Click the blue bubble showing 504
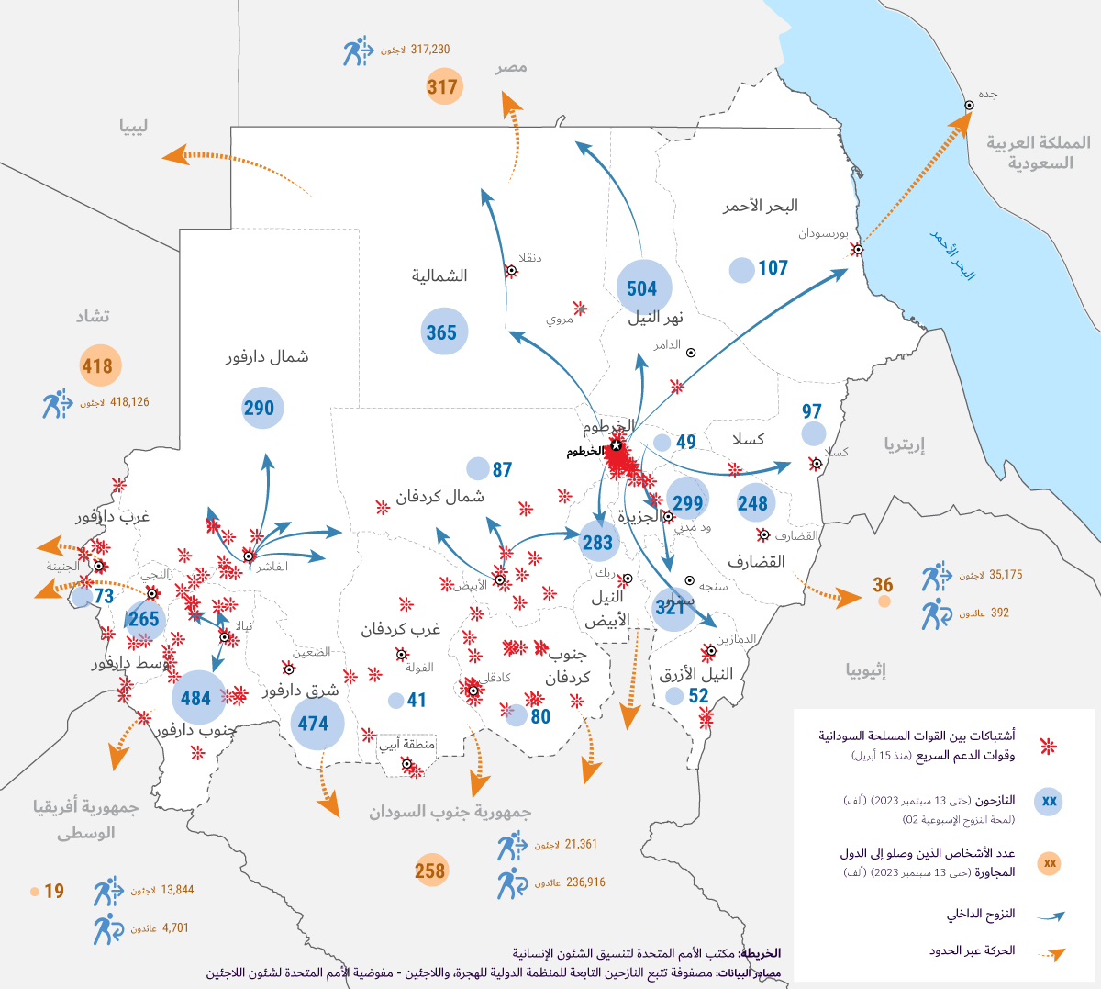point(643,288)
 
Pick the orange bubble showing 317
point(443,87)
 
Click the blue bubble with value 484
point(197,698)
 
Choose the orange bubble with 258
point(430,871)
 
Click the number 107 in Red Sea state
point(773,268)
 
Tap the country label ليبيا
point(133,127)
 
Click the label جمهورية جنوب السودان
point(450,813)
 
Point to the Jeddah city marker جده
point(969,106)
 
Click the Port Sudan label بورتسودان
point(822,233)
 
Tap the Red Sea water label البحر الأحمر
point(954,254)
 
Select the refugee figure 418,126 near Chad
point(129,402)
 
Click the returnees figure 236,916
point(585,882)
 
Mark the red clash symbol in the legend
point(1047,747)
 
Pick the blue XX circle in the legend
point(1049,802)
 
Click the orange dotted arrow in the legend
point(1052,954)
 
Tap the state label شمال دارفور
point(267,356)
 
